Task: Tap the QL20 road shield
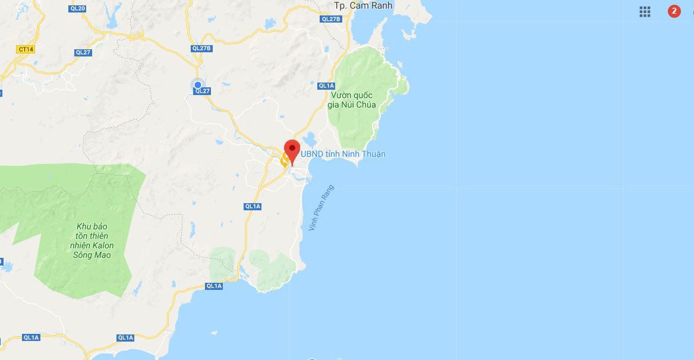tap(78, 8)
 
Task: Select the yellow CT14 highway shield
tap(26, 49)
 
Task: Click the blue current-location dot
tap(198, 85)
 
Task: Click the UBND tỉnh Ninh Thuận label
tap(343, 154)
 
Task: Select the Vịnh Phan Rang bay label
tap(321, 208)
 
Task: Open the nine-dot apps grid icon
tap(645, 11)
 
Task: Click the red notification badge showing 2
tap(674, 11)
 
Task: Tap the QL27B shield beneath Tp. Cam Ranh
tap(331, 19)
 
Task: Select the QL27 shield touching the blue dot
tap(203, 91)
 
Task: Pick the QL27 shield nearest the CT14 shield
tap(83, 52)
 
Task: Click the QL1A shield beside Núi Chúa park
tap(326, 86)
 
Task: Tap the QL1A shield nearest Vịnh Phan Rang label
tap(253, 206)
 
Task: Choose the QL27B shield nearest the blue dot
tap(201, 48)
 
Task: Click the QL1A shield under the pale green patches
tap(214, 286)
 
